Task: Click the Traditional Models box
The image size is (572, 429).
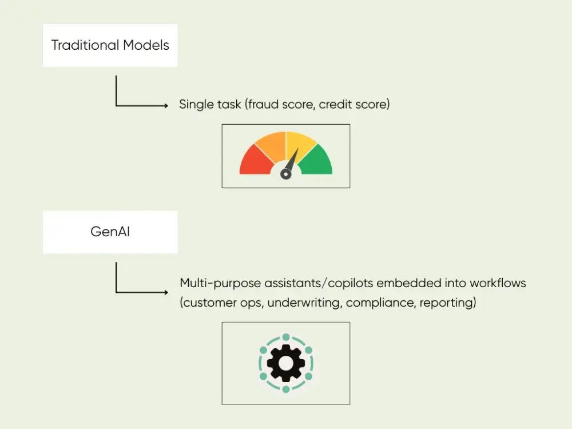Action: (x=110, y=45)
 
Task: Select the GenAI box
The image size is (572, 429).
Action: (x=110, y=232)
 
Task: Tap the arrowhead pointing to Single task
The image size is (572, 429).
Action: (x=166, y=106)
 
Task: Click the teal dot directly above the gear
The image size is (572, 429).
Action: (x=285, y=337)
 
